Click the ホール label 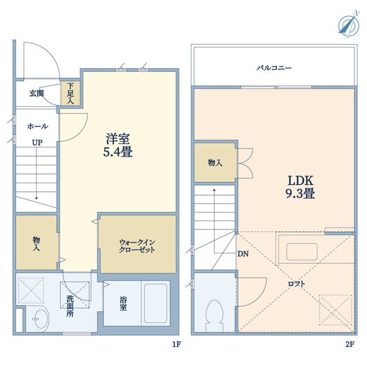(x=37, y=126)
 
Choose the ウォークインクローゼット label (x=137, y=246)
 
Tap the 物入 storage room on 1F (x=36, y=243)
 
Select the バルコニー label (x=274, y=68)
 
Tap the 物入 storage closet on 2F (x=215, y=163)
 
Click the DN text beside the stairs (x=243, y=253)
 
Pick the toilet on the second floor (x=215, y=315)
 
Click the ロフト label (x=296, y=284)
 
